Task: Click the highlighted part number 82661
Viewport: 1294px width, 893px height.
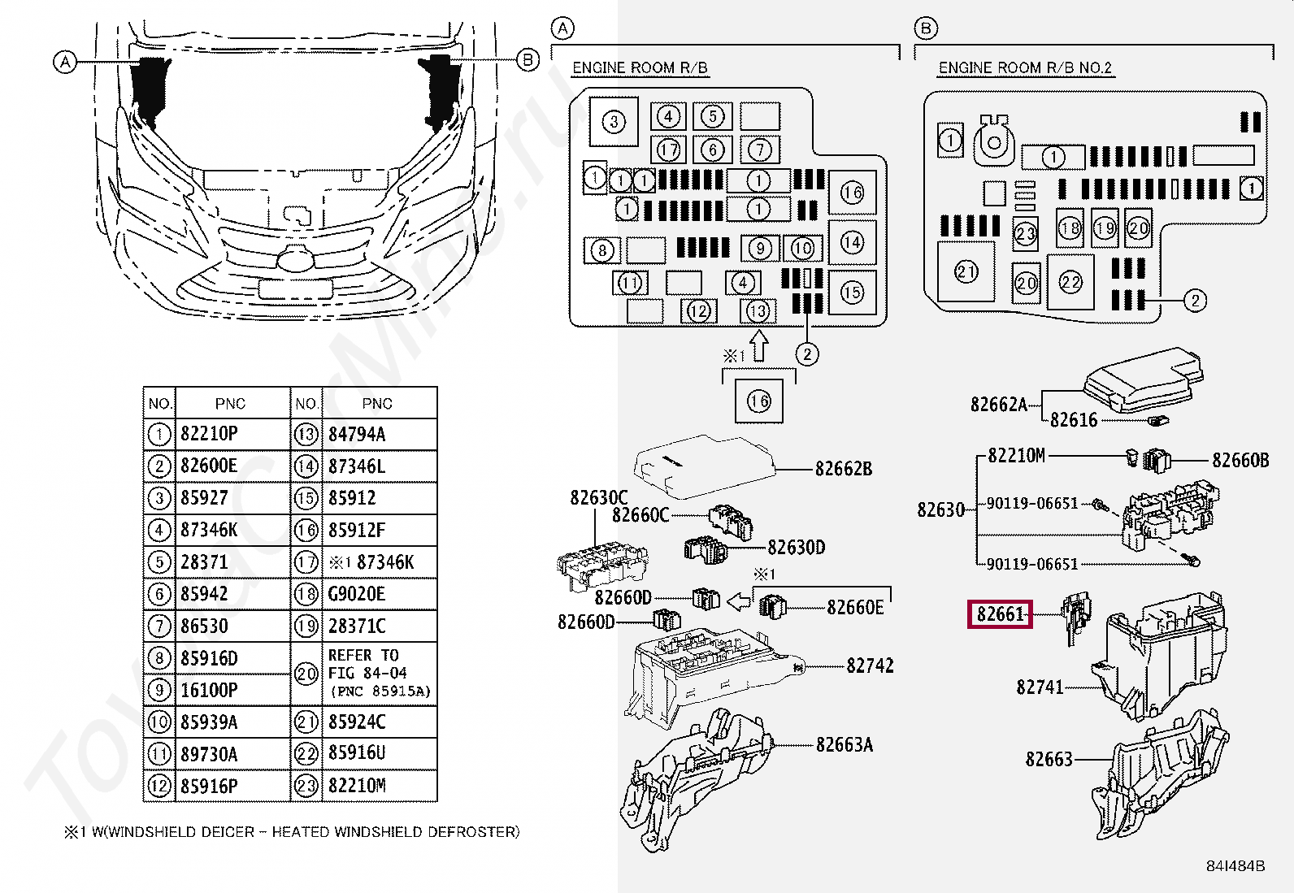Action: pos(1000,614)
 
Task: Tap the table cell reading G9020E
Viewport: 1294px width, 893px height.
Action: pos(357,594)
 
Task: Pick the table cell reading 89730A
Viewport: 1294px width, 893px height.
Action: pos(209,755)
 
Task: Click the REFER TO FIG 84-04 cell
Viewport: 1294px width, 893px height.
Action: pos(379,674)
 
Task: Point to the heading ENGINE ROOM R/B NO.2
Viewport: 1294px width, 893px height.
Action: pos(1024,68)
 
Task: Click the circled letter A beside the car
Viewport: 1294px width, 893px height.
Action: pos(64,61)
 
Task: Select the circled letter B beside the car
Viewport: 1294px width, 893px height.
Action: pos(528,59)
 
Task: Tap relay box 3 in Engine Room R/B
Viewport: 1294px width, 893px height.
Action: pos(614,123)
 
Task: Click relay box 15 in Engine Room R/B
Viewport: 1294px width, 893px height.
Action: pos(852,292)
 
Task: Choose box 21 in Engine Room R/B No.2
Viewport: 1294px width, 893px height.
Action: pos(966,271)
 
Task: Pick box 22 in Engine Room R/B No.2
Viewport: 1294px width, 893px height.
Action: pos(1070,282)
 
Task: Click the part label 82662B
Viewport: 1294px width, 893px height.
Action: pos(843,469)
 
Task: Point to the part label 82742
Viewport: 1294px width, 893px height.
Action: pos(870,666)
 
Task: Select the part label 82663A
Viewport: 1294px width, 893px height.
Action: pos(845,745)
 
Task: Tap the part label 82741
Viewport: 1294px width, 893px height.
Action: pos(1040,687)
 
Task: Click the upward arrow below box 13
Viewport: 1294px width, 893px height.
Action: pos(758,345)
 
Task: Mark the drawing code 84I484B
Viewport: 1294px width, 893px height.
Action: pos(1235,866)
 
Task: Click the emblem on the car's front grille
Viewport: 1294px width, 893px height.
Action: pos(293,259)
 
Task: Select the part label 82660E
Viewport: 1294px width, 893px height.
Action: pos(855,607)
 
